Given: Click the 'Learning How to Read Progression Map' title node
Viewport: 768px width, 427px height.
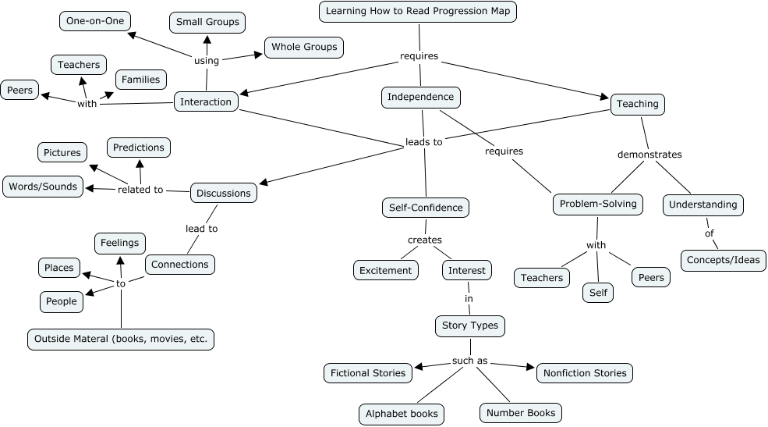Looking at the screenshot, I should tap(419, 12).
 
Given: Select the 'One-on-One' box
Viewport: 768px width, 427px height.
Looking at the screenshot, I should tap(95, 21).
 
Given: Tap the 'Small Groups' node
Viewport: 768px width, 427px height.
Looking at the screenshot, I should tap(207, 23).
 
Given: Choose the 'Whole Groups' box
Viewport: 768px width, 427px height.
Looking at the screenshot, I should tap(304, 47).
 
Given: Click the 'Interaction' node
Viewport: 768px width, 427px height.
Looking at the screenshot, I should tap(206, 101).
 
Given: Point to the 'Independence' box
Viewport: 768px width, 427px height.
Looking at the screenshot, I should tap(421, 98).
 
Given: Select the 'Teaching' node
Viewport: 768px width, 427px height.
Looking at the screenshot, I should tap(637, 104).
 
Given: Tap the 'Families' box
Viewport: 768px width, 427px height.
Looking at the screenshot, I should tap(140, 80).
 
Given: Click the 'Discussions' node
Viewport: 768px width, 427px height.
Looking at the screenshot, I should tap(224, 193).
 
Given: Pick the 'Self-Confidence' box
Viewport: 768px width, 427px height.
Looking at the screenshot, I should tap(426, 208).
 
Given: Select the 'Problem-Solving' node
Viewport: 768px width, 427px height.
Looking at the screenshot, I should tap(598, 205).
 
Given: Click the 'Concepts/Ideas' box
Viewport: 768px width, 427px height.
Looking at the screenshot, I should tap(724, 260).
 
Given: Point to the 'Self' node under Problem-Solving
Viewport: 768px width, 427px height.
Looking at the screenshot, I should tap(598, 293).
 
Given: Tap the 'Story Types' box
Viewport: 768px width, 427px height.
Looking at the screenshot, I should tap(469, 326).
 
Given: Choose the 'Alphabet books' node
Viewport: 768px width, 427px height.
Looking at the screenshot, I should tap(402, 414).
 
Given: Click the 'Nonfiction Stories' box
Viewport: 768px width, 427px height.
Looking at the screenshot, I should tap(584, 373).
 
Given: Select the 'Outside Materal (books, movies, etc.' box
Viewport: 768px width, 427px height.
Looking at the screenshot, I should tap(121, 340).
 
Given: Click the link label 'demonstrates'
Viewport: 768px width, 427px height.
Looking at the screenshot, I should tap(649, 155).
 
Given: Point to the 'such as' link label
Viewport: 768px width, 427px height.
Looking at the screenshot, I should tap(470, 361).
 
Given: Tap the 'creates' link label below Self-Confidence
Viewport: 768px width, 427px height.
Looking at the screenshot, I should tap(425, 240).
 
